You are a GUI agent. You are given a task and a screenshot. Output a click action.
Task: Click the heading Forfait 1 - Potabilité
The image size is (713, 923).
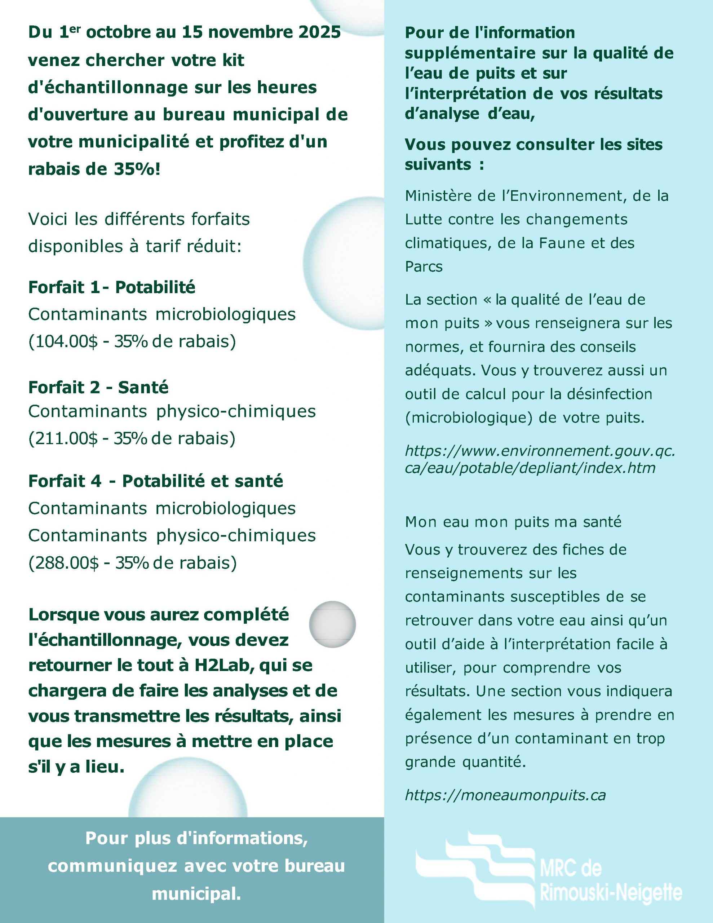[112, 288]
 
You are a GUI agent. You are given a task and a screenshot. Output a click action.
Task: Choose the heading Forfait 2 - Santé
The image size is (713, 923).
[98, 388]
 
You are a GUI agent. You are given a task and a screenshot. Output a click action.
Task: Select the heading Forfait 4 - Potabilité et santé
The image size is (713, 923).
[155, 481]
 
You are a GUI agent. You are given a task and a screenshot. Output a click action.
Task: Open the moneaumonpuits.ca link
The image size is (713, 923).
[505, 795]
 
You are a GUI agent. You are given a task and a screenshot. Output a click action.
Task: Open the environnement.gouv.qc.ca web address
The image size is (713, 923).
[540, 459]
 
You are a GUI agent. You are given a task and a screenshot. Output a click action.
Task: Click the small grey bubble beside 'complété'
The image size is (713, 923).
[332, 624]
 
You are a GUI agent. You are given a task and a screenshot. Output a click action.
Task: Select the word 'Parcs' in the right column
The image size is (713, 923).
[424, 267]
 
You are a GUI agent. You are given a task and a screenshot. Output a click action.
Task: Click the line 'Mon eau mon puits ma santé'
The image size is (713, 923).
[513, 522]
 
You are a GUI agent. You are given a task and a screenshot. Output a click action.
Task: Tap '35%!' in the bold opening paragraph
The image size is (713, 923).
[137, 169]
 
